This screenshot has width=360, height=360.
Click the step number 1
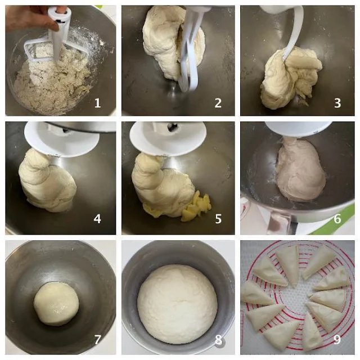[97, 103]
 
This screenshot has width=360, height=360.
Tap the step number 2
[218, 103]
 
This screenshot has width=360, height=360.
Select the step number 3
[337, 103]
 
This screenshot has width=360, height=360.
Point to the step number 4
[97, 219]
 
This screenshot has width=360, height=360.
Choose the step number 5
[218, 219]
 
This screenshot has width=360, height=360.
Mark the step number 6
[337, 219]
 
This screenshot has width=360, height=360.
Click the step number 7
[97, 339]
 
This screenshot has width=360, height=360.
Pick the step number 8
[218, 339]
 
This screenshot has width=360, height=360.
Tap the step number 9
[337, 339]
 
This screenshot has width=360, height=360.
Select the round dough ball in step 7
[56, 304]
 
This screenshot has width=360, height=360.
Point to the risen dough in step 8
[177, 304]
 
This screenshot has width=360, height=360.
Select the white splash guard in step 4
[61, 139]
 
